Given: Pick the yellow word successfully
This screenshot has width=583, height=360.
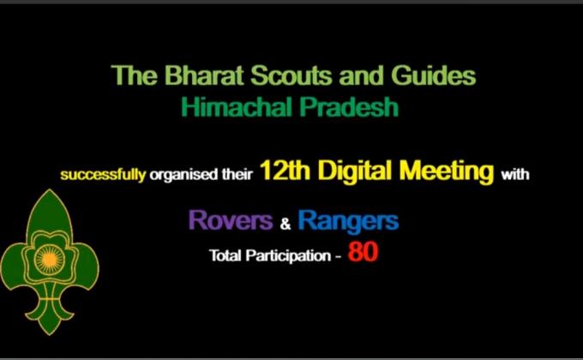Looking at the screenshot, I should [103, 177].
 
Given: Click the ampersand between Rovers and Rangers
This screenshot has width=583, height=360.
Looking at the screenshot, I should [285, 224].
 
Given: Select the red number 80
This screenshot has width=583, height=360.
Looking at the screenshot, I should [363, 255].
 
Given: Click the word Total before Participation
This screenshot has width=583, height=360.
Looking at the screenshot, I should [225, 256].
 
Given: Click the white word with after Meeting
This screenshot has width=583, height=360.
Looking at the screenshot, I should [515, 176].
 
